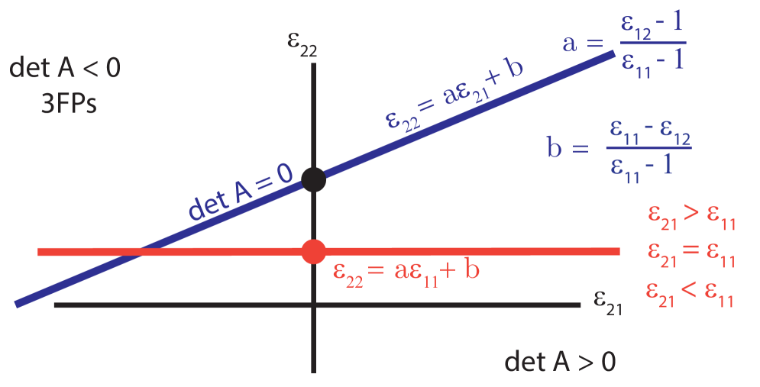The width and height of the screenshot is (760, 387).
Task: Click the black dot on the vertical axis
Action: [x=313, y=179]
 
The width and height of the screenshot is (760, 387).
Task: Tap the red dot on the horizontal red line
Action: [x=313, y=252]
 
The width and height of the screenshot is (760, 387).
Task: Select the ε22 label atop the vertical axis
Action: [x=302, y=46]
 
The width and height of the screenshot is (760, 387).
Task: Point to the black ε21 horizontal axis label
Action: [x=607, y=302]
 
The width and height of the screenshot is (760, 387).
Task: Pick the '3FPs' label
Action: [x=69, y=103]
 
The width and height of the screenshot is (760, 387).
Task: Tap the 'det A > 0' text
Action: [x=560, y=361]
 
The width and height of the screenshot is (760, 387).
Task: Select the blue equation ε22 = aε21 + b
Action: [x=454, y=100]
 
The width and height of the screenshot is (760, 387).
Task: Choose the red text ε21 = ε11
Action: [x=690, y=255]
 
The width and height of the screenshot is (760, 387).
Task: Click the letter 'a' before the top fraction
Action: [x=569, y=43]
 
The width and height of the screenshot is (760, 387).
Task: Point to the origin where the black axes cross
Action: [x=313, y=305]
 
